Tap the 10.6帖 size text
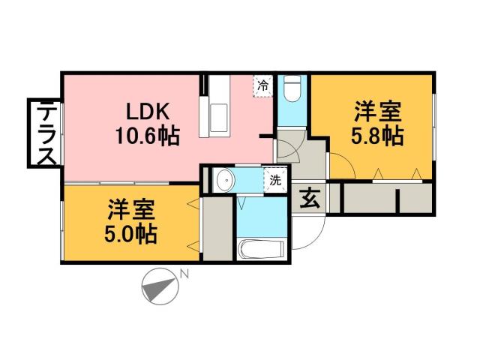147,137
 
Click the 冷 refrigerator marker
262,86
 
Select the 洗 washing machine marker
275,180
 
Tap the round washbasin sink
223,180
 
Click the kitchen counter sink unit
217,109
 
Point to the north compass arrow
159,286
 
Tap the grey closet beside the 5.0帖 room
217,226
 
